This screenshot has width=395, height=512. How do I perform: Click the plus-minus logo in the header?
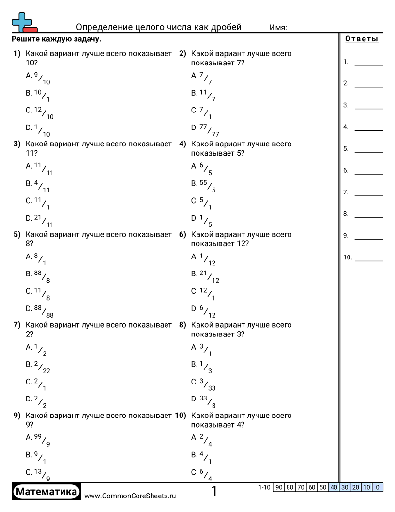23,22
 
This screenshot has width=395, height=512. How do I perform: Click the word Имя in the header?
278,28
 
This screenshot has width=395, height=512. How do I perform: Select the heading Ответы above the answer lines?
362,39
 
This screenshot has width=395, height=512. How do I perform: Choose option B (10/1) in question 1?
38,95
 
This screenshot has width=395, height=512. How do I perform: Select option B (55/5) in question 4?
203,185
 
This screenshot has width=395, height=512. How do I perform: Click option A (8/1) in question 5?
36,259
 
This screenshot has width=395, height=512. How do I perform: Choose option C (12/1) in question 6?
203,293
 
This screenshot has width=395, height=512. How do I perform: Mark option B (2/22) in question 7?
38,367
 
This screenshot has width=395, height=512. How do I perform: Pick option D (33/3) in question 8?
203,401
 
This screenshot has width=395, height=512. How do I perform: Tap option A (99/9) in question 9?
38,439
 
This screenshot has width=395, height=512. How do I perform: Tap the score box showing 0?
378,487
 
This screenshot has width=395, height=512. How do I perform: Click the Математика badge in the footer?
46,492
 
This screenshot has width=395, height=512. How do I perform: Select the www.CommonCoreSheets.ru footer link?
130,496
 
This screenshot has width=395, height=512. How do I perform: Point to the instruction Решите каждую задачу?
56,39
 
